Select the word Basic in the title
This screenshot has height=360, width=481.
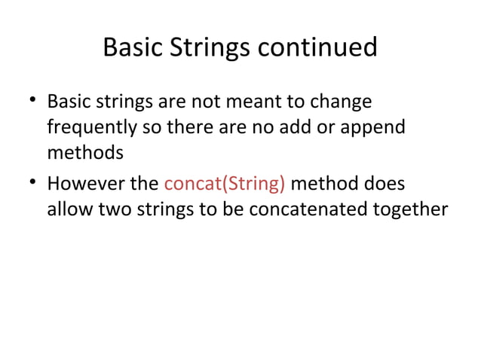(x=133, y=47)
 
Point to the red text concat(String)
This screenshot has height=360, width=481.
(x=225, y=183)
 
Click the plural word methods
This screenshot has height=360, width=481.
(x=84, y=154)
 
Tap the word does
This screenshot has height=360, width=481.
(x=383, y=183)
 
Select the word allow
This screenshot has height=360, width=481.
(x=70, y=209)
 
